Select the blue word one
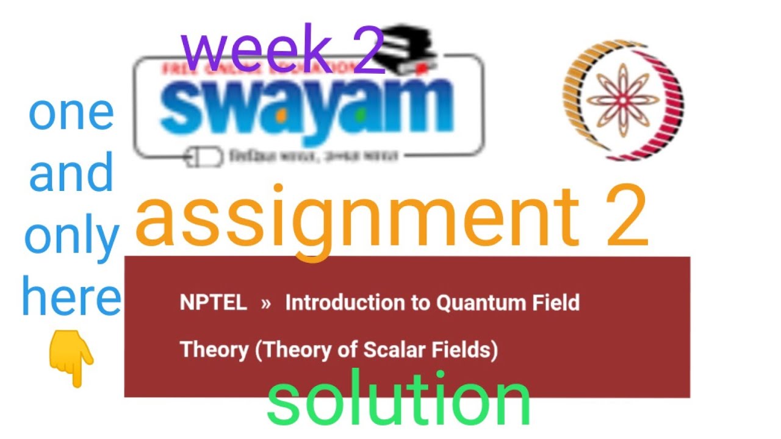pos(71,113)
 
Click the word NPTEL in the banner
pos(214,302)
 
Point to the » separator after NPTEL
pos(265,302)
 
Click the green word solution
pos(398,401)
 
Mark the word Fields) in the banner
pos(467,350)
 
